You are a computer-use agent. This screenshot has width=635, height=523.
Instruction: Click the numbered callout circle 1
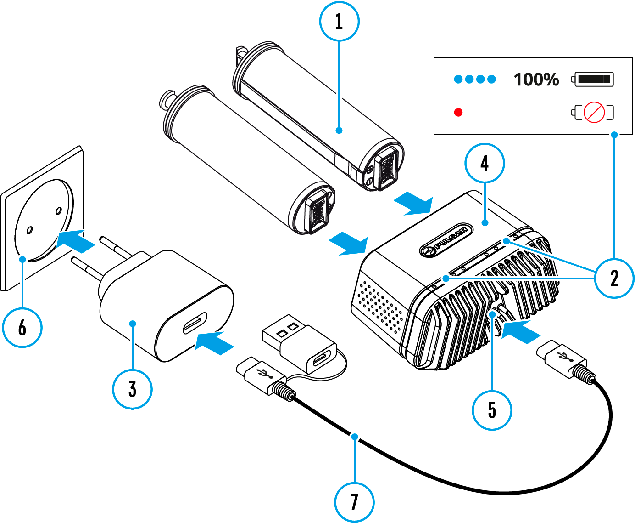click(x=339, y=21)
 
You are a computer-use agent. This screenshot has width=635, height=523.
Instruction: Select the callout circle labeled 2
click(x=614, y=278)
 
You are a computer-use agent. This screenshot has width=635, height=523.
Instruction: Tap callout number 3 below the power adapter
click(x=132, y=389)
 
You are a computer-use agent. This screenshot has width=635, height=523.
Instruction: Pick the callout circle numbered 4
click(x=485, y=163)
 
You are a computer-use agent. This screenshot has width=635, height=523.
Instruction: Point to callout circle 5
click(x=492, y=410)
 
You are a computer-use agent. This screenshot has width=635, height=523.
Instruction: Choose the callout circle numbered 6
click(x=22, y=328)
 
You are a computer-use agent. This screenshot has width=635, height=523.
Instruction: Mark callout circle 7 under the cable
click(x=354, y=502)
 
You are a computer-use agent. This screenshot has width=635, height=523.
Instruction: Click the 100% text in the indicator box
click(x=536, y=80)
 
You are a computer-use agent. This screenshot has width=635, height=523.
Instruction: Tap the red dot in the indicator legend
click(x=458, y=112)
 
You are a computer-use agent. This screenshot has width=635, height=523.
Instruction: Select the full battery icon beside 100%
click(x=593, y=79)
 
